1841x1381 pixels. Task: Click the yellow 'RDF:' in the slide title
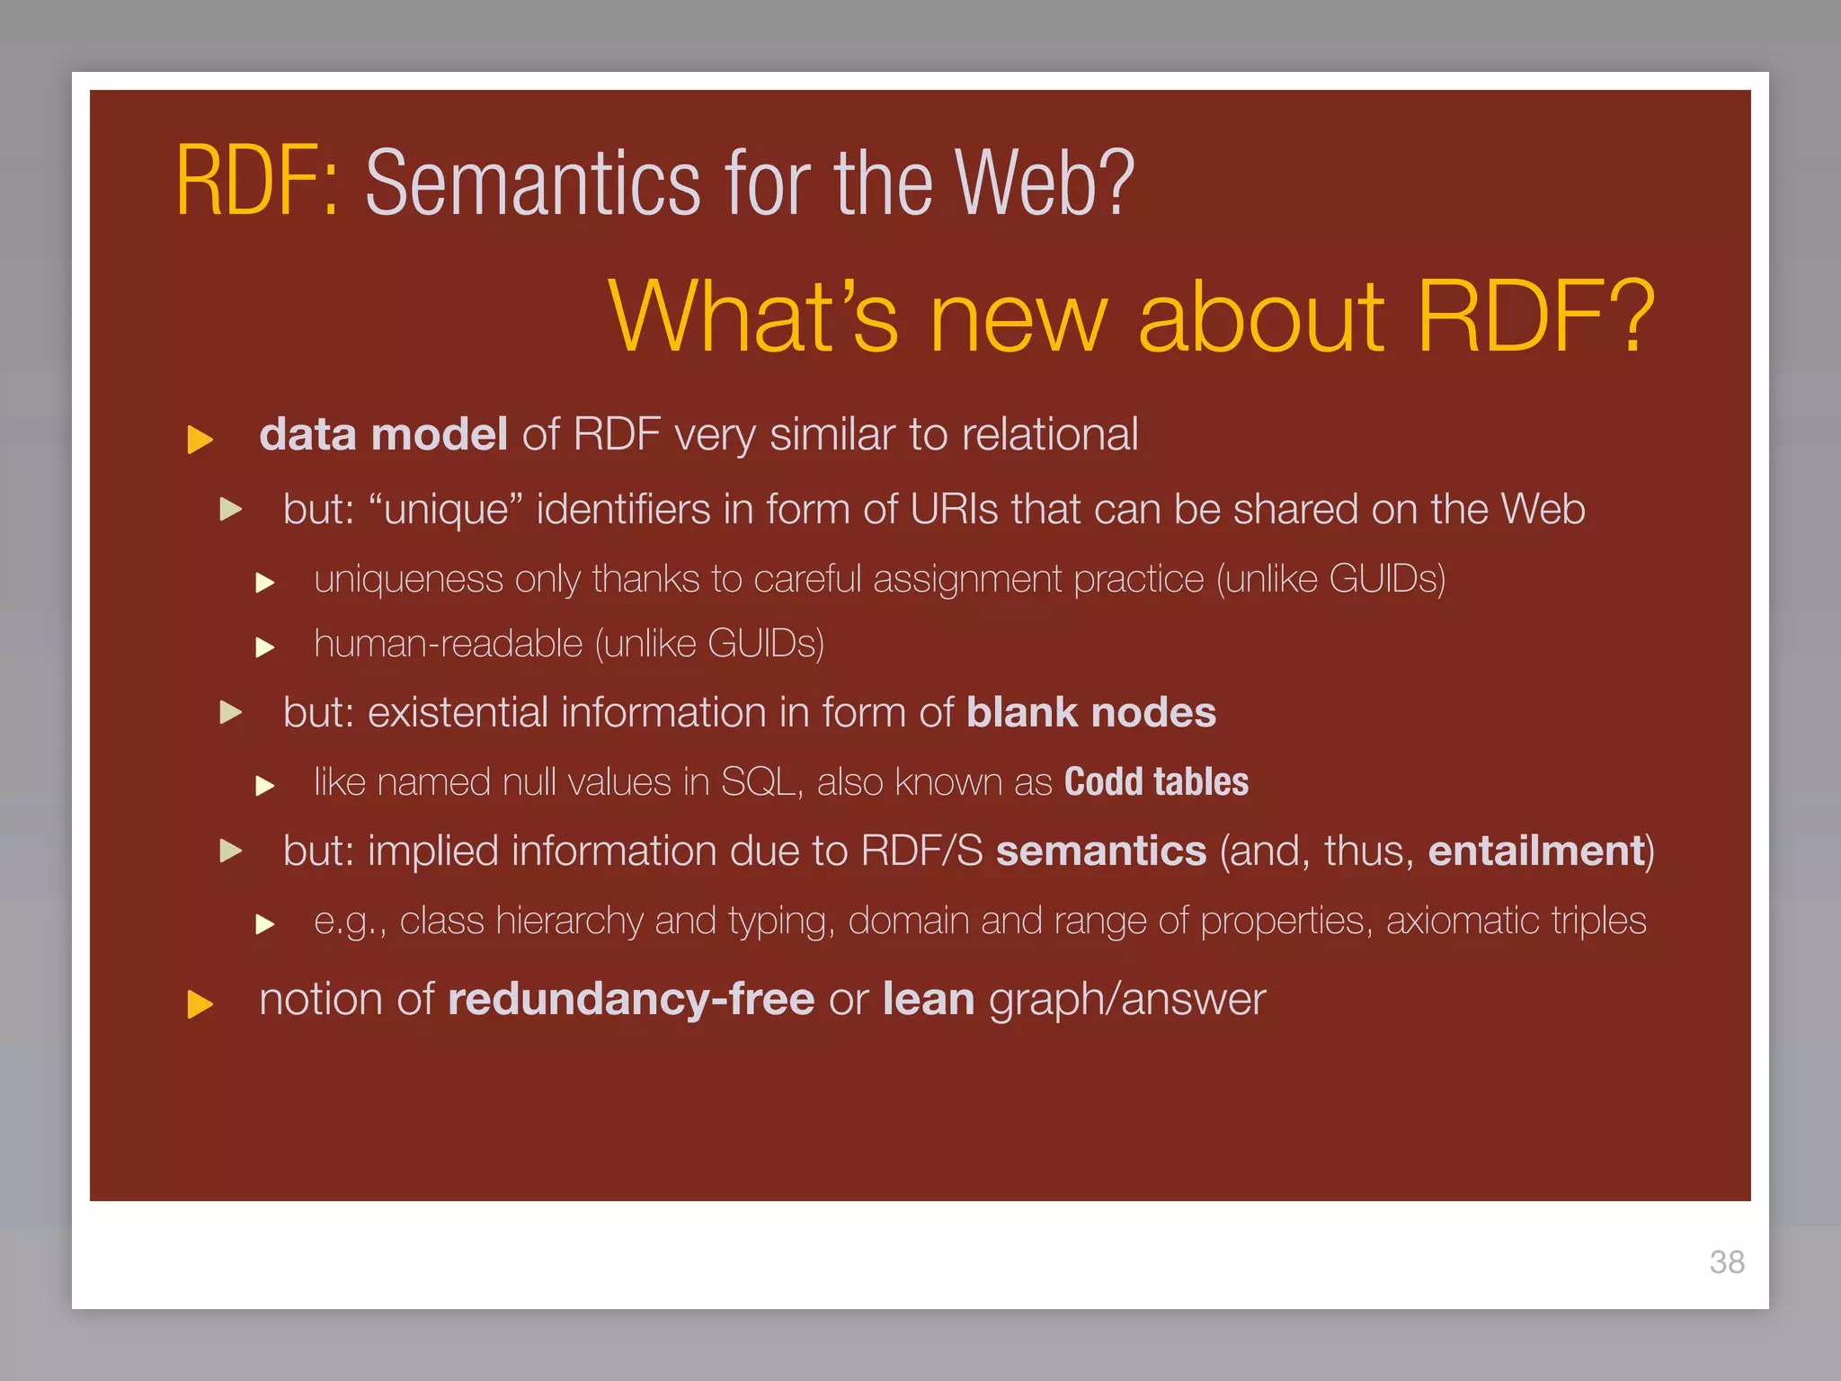pos(257,183)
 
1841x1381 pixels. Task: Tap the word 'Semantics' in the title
pos(532,184)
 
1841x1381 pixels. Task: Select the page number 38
pos(1727,1262)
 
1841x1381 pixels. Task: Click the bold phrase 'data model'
pos(383,435)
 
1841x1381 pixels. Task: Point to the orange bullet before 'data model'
pos(200,440)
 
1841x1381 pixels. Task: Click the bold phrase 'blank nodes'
pos(1090,713)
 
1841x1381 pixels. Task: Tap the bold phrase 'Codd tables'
pos(1156,782)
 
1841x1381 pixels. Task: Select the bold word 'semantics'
pos(1100,851)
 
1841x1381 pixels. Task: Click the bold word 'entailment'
pos(1536,851)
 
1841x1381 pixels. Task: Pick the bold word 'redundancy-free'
pos(631,1000)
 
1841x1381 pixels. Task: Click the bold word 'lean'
pos(928,1000)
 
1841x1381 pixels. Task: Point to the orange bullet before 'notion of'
pos(200,1004)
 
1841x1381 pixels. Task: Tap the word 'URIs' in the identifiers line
pos(954,510)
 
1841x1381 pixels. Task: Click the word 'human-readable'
pos(449,645)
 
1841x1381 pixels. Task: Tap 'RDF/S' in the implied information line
pos(921,851)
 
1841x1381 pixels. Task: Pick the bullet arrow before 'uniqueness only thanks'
pos(264,583)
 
